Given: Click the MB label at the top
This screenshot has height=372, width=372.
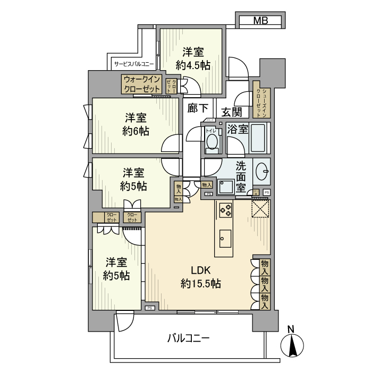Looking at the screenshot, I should [260, 21].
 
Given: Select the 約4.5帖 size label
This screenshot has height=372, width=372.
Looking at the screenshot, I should [193, 65].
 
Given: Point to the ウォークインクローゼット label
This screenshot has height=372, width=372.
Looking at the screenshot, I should [142, 84].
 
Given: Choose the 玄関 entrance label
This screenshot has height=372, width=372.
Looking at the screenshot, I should [232, 112].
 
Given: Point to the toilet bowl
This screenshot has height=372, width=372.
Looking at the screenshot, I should [212, 142].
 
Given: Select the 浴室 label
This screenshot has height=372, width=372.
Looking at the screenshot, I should [238, 129].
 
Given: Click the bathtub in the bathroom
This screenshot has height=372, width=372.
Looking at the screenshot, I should [260, 139].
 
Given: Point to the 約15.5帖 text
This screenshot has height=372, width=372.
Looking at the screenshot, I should [200, 284].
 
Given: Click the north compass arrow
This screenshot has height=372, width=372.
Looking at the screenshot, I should [291, 346].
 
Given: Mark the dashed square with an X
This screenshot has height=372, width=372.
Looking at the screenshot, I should [260, 208].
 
